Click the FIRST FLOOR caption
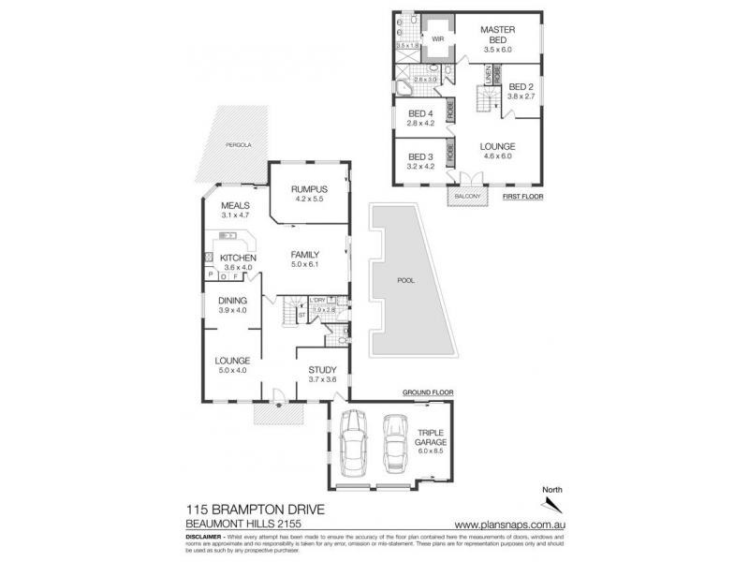[523, 198]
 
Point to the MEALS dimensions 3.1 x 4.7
[234, 215]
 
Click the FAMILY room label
[305, 254]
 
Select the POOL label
[407, 280]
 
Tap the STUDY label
[321, 369]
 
